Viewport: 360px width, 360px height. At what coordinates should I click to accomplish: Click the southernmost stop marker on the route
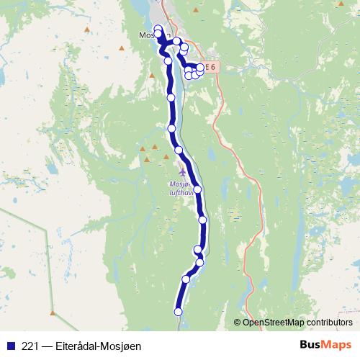[178, 312]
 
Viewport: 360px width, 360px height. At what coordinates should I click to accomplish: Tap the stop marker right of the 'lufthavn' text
[197, 190]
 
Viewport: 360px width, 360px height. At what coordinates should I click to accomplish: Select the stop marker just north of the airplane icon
[179, 150]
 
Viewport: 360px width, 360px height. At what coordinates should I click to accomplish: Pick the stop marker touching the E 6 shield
[200, 68]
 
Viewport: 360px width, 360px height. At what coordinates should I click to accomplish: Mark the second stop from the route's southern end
[186, 279]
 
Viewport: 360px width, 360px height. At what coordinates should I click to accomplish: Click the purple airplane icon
[180, 172]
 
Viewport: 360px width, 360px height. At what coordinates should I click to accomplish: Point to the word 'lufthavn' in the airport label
[181, 192]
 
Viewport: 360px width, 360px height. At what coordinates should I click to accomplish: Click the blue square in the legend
[9, 346]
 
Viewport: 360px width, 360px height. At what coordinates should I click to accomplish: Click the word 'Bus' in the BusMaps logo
[310, 345]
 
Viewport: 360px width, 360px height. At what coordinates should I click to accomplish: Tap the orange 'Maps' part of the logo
[336, 345]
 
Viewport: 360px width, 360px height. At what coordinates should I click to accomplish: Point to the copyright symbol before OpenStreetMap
[238, 322]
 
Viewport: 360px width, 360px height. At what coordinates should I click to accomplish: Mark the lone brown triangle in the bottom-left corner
[52, 312]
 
